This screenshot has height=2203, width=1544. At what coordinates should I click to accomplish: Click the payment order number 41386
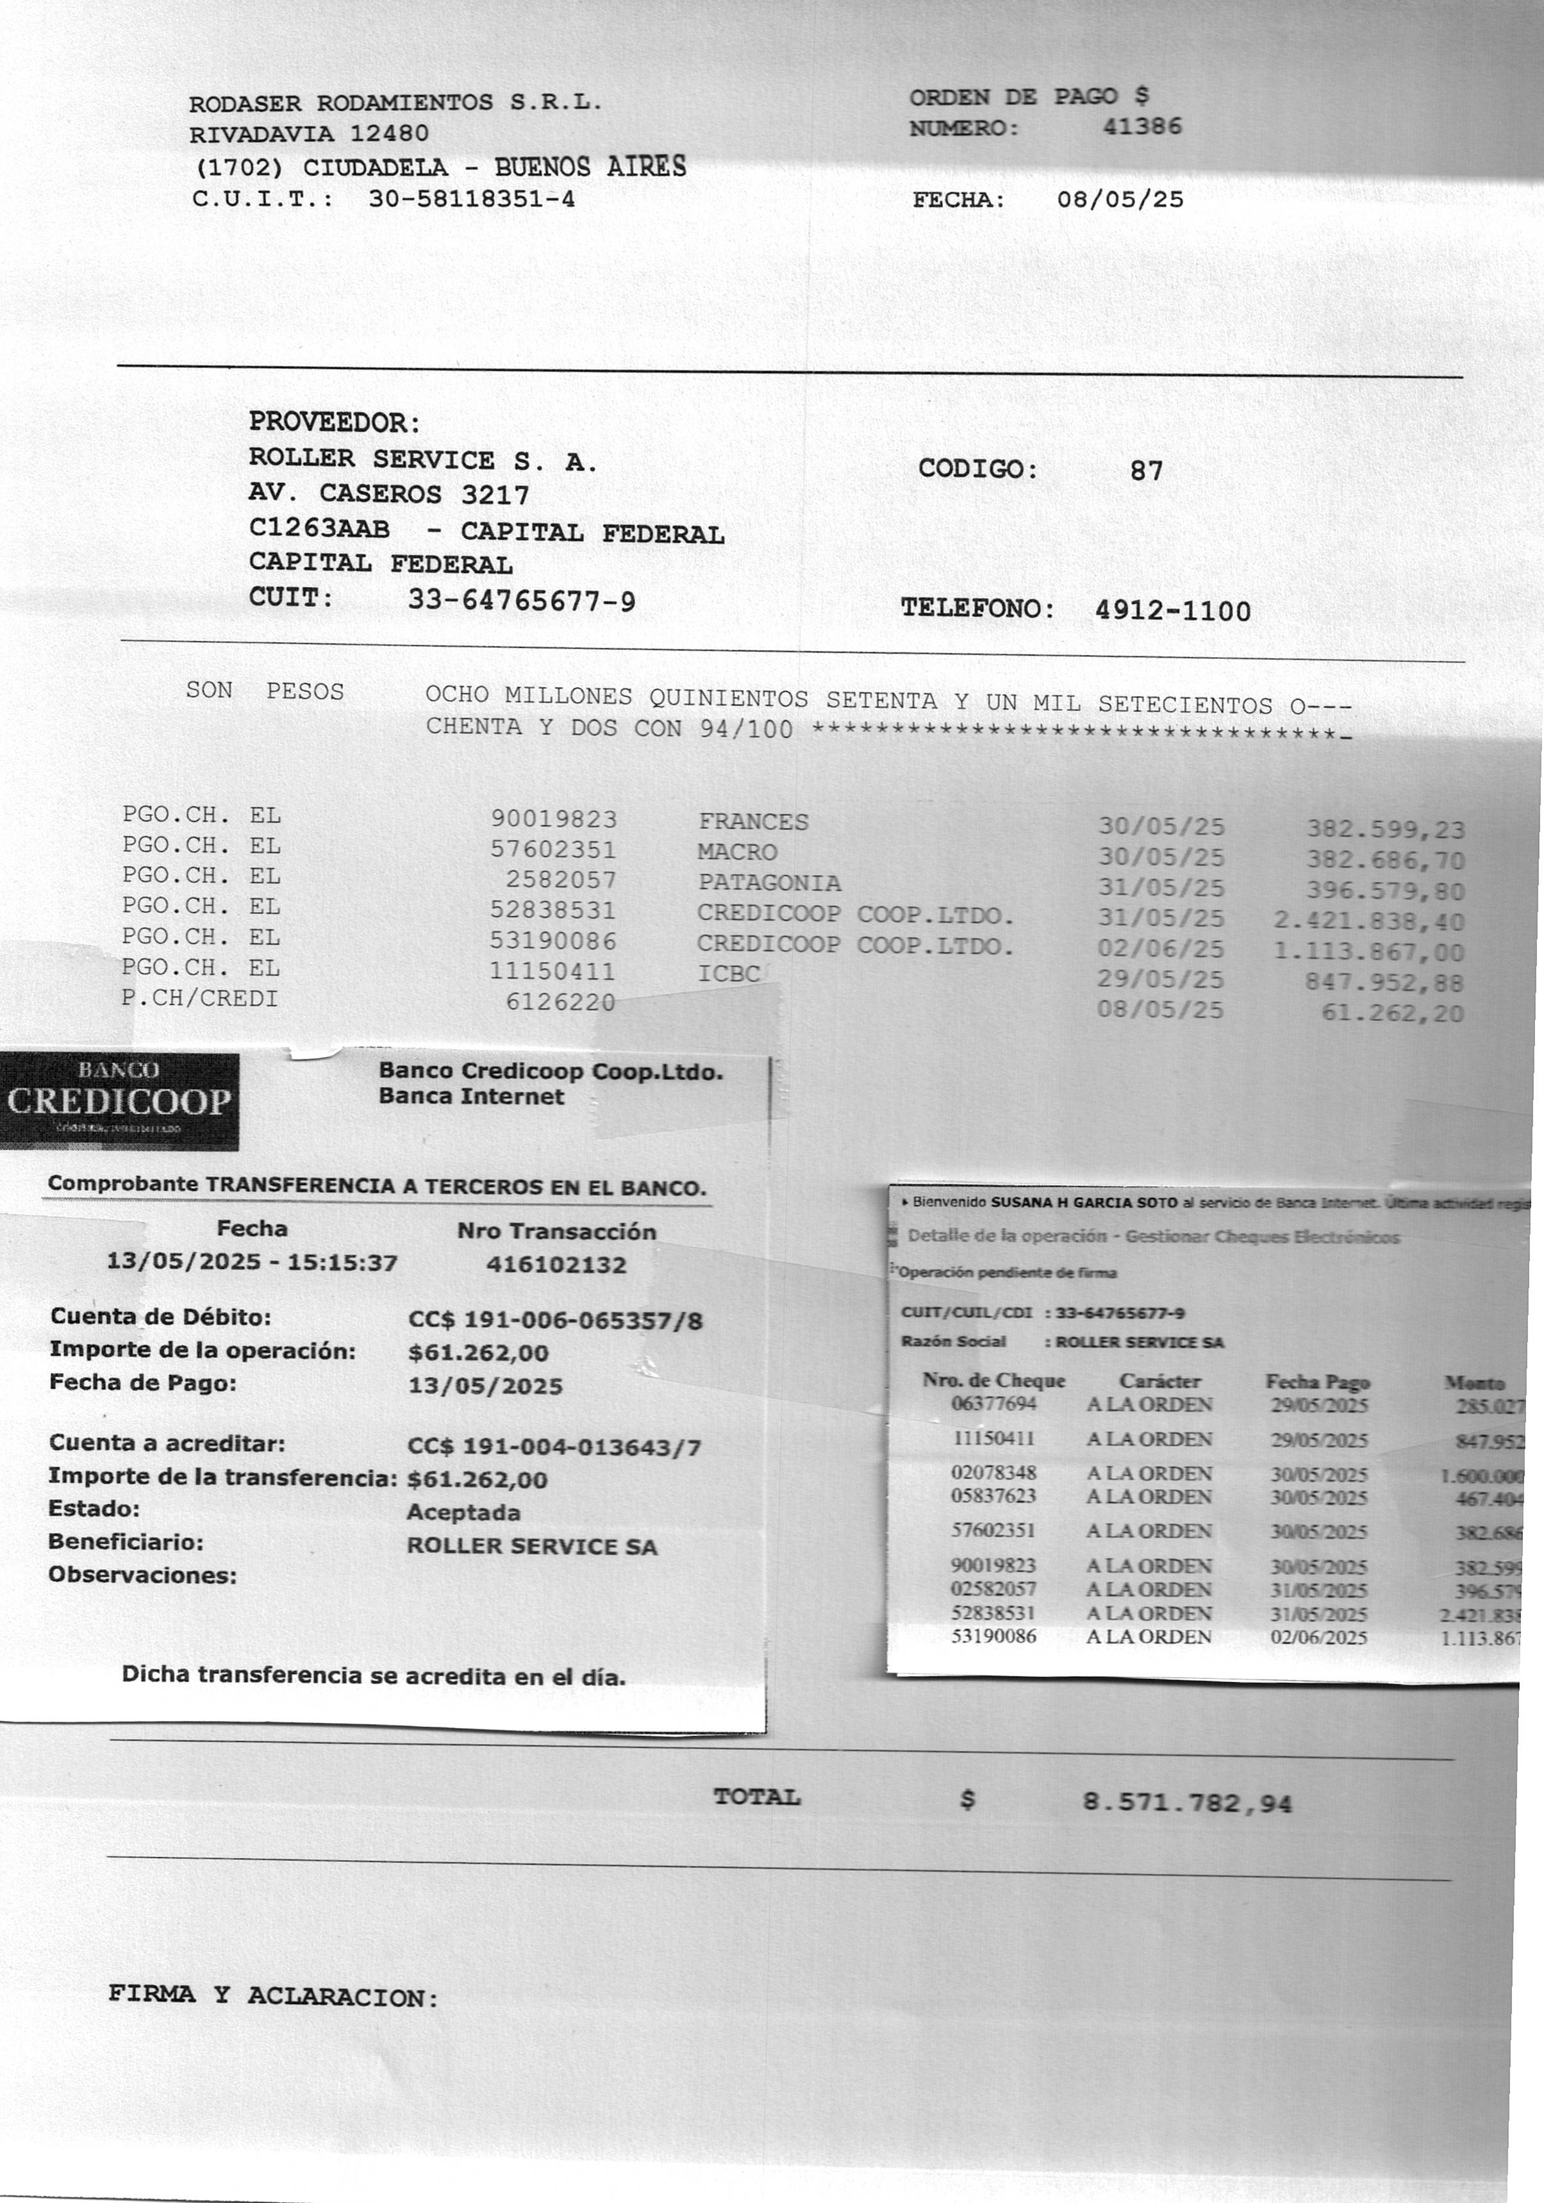[1142, 127]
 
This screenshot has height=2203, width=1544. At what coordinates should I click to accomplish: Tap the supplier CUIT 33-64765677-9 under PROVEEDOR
[521, 601]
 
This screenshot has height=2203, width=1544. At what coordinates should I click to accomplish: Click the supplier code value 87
[1146, 470]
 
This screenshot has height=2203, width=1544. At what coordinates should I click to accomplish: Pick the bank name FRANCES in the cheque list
[753, 821]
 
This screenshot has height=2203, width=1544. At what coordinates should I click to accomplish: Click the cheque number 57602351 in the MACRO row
[552, 850]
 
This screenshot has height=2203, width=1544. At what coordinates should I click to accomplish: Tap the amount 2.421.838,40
[1368, 921]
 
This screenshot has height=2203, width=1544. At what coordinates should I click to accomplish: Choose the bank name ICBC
[729, 973]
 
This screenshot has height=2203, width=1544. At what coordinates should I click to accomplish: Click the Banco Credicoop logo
[119, 1101]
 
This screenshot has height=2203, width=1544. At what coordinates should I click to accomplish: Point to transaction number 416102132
[556, 1265]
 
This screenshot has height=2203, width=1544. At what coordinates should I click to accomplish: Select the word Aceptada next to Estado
[463, 1512]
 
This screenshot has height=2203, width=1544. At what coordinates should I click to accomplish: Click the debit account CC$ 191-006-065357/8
[554, 1320]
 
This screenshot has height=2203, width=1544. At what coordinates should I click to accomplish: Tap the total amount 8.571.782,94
[1187, 1803]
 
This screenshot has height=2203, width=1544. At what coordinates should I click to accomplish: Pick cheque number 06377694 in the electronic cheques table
[993, 1404]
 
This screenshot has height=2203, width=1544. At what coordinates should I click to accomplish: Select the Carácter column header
[1159, 1381]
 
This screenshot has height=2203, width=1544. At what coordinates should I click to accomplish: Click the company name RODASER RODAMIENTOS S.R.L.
[395, 103]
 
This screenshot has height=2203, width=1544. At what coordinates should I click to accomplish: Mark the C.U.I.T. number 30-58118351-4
[471, 199]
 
